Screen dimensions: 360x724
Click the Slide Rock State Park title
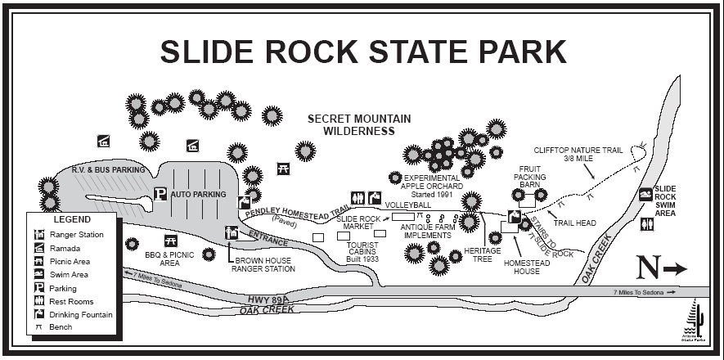point(362,51)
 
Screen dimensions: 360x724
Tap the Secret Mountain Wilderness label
point(359,124)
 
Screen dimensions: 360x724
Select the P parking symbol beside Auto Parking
point(161,195)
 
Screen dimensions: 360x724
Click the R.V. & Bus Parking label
point(108,170)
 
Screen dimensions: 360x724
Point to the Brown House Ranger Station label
point(263,263)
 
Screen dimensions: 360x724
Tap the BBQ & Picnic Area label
point(170,259)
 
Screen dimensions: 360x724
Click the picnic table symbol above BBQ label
point(171,241)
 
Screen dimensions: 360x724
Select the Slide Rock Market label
point(358,223)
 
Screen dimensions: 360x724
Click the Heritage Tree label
point(482,255)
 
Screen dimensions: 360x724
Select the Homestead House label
point(521,267)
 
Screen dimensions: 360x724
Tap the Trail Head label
point(574,223)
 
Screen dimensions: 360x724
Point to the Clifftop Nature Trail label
point(578,154)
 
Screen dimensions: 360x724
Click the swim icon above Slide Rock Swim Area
point(646,195)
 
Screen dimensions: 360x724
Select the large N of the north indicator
point(648,268)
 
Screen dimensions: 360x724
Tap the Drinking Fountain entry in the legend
point(80,314)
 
